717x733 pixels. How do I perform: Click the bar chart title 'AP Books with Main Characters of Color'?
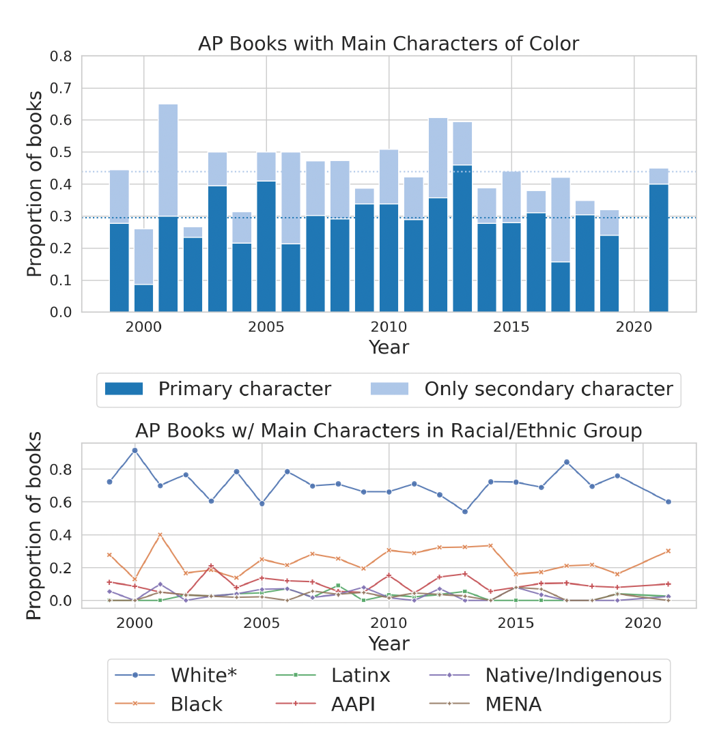[x=389, y=44]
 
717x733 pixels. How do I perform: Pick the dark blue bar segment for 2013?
[x=462, y=239]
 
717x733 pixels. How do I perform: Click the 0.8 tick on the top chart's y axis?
[x=61, y=56]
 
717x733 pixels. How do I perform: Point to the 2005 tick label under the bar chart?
[x=266, y=327]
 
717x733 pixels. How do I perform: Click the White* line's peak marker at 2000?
[x=135, y=450]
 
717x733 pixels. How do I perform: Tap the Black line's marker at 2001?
[x=160, y=535]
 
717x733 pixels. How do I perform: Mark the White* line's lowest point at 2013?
[x=465, y=512]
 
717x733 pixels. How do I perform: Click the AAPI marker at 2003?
[x=211, y=566]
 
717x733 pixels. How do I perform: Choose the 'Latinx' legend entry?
[x=361, y=676]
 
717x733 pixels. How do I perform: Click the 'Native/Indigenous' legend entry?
[x=573, y=676]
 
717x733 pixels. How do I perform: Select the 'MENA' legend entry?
[x=513, y=704]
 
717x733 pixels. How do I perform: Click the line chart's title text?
[x=389, y=431]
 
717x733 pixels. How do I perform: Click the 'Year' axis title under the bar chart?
[x=389, y=347]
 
